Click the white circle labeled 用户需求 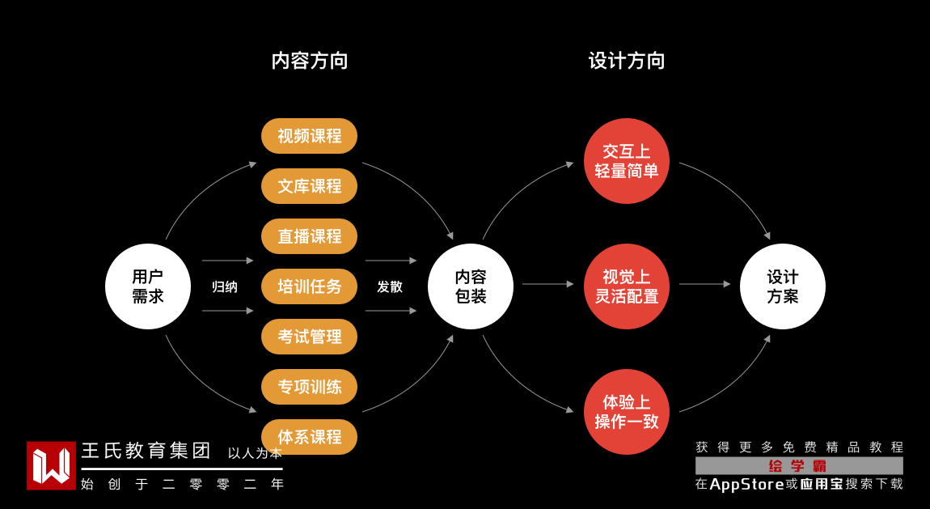click(x=148, y=286)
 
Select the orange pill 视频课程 click(x=309, y=136)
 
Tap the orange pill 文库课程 click(x=309, y=186)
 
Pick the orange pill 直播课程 click(x=309, y=236)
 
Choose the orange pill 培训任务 click(x=309, y=286)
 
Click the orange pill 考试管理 click(x=309, y=337)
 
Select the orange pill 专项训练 click(x=309, y=387)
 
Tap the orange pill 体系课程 click(x=309, y=437)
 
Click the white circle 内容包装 click(x=471, y=286)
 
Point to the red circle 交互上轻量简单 click(x=627, y=161)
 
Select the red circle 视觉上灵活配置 click(x=627, y=286)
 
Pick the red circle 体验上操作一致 click(x=627, y=412)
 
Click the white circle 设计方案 click(x=783, y=286)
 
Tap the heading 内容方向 click(x=310, y=61)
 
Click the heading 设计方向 click(x=627, y=61)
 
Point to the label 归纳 click(x=225, y=286)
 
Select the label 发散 click(x=390, y=286)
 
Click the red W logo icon click(x=51, y=465)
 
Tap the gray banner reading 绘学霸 click(x=799, y=465)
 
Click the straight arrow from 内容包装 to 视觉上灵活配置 click(x=547, y=284)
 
